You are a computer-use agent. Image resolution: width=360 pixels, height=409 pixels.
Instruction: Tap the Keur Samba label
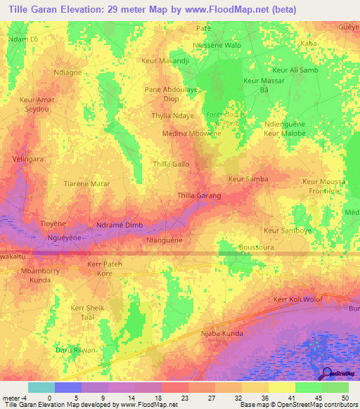(247, 179)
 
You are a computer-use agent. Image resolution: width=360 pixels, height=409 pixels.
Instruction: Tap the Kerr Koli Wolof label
(298, 299)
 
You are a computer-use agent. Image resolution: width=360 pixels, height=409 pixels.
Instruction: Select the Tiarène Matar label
(87, 183)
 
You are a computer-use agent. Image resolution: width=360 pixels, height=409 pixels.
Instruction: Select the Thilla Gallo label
(171, 164)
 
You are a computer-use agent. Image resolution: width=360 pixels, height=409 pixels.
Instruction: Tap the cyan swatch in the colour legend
(41, 387)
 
